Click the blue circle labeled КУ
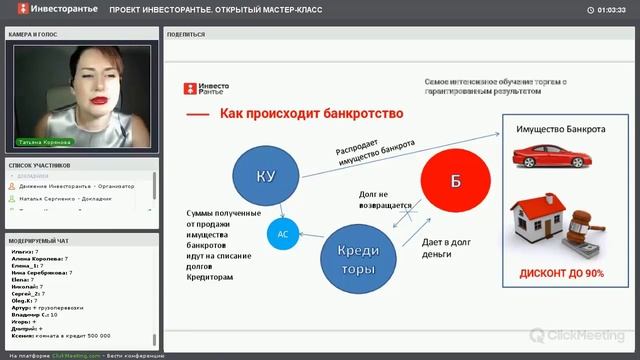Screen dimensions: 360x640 [x=266, y=177]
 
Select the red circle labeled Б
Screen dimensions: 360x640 [x=455, y=181]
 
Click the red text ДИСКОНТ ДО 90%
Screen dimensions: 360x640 [x=560, y=273]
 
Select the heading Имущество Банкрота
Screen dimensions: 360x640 [x=559, y=130]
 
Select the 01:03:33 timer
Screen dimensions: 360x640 [x=611, y=9]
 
